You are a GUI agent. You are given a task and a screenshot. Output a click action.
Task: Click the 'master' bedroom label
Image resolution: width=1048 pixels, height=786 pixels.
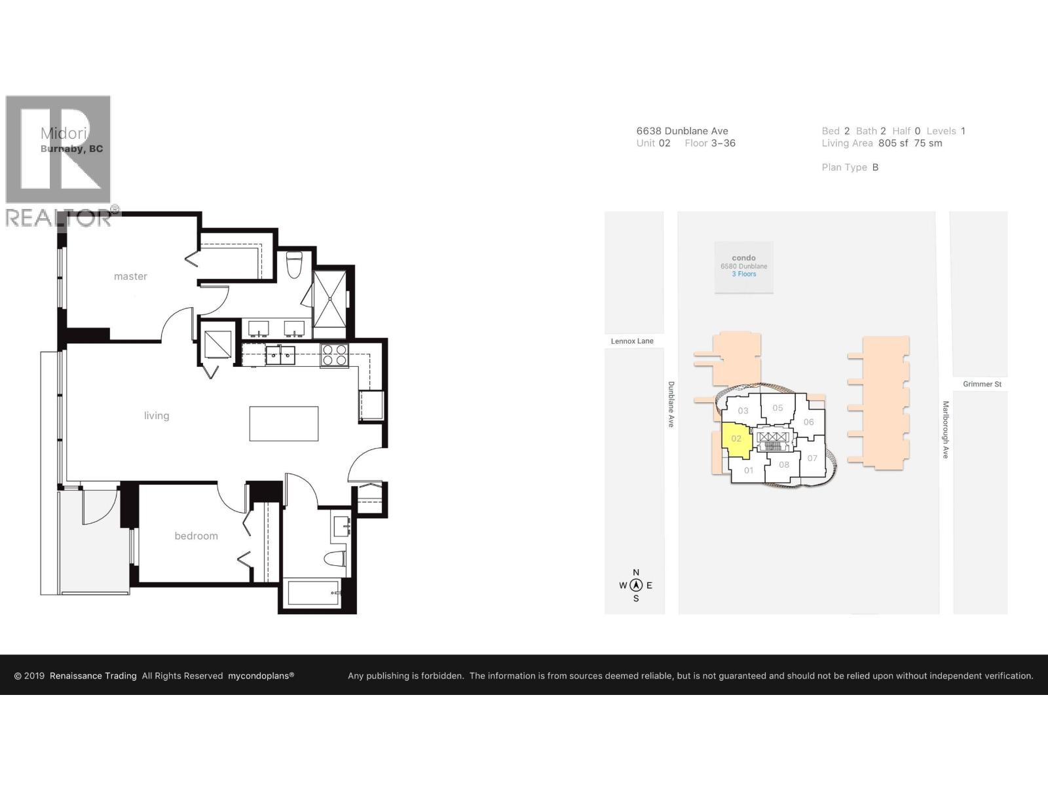pyautogui.click(x=130, y=276)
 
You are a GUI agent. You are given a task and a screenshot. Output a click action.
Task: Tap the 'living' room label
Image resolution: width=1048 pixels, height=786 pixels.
pyautogui.click(x=157, y=416)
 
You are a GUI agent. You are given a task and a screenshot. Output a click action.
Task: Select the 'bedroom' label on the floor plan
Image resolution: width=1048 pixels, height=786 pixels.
pyautogui.click(x=196, y=536)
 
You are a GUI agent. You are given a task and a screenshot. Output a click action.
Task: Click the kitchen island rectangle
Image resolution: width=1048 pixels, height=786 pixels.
pyautogui.click(x=284, y=423)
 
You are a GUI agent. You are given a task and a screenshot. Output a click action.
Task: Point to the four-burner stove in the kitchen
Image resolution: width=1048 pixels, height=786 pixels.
pyautogui.click(x=335, y=355)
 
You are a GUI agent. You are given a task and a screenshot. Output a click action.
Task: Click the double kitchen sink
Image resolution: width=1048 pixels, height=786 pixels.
pyautogui.click(x=280, y=356)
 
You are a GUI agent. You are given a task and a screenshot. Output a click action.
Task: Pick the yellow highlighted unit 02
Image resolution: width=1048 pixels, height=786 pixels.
pyautogui.click(x=736, y=438)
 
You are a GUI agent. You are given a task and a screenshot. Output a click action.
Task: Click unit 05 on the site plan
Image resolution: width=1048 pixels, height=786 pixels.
pyautogui.click(x=777, y=407)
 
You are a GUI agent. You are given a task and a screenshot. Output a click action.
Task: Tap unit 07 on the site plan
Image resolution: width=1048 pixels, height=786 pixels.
pyautogui.click(x=812, y=458)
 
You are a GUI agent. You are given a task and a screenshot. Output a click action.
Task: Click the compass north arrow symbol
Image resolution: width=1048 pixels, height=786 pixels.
pyautogui.click(x=636, y=586)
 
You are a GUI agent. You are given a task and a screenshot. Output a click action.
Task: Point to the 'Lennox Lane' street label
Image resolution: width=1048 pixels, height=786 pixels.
pyautogui.click(x=632, y=341)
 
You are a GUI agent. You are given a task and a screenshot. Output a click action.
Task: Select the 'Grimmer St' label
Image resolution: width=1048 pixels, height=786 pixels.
pyautogui.click(x=982, y=384)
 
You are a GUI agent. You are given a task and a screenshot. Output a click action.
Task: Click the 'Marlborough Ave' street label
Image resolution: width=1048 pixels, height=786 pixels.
pyautogui.click(x=945, y=430)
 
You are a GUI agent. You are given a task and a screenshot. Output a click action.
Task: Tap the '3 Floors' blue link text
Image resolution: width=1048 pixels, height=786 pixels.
pyautogui.click(x=744, y=274)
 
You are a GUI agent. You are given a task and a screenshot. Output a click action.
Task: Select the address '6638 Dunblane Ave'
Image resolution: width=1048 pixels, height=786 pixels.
pyautogui.click(x=682, y=131)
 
